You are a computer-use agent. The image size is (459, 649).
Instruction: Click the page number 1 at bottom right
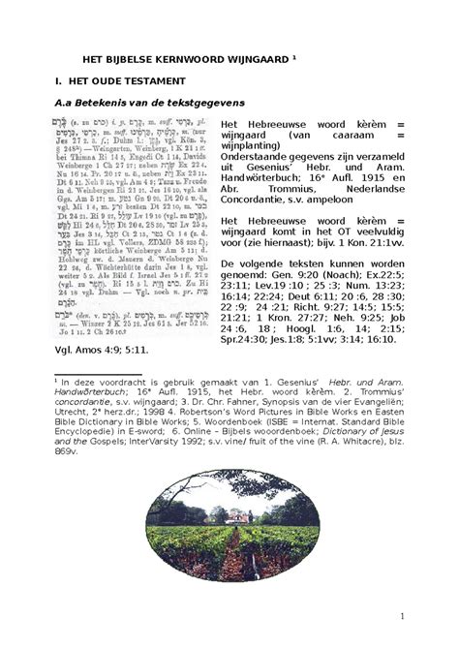[427, 617]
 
